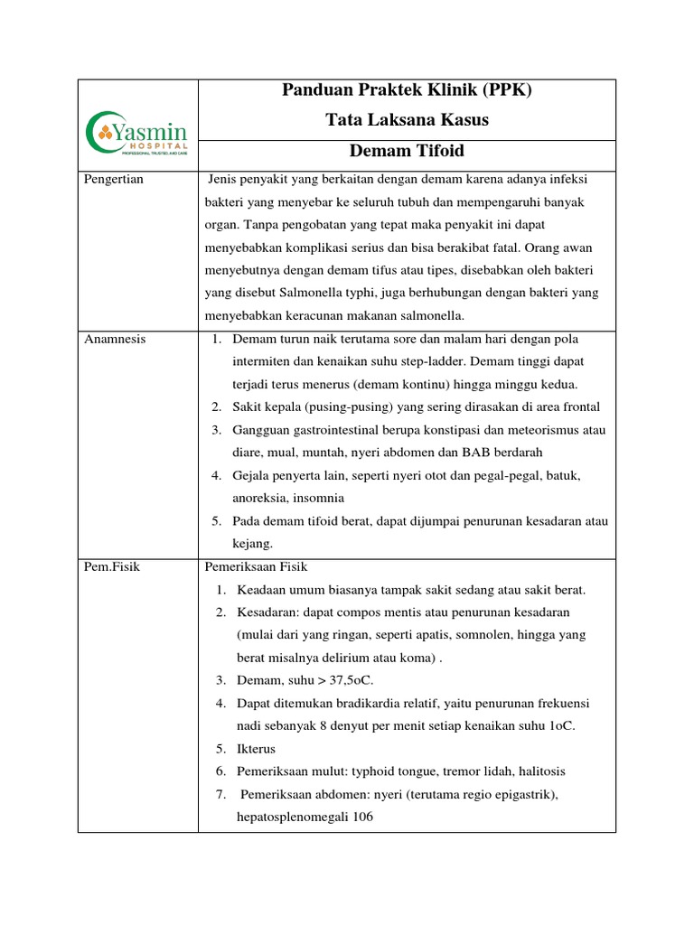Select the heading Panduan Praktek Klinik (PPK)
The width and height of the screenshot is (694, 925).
click(x=407, y=90)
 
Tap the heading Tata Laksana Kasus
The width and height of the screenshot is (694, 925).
click(x=407, y=120)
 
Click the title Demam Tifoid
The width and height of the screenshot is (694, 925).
click(x=407, y=151)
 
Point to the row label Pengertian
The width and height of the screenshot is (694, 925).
click(x=114, y=180)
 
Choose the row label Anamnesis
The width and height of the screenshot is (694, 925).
click(x=115, y=339)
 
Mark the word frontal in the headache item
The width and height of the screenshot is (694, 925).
click(x=579, y=406)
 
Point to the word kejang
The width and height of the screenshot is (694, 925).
click(x=252, y=543)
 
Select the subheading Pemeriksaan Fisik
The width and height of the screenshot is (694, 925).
click(x=257, y=567)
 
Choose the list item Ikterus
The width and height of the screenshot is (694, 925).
click(x=257, y=749)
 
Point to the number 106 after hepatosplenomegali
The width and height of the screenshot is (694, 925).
click(x=362, y=817)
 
